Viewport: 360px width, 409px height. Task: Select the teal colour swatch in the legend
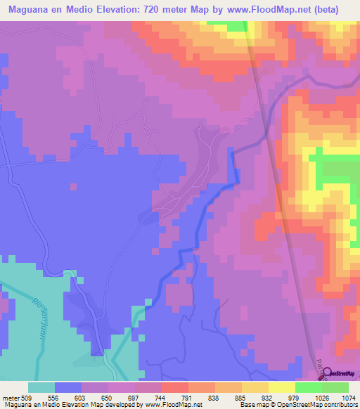pyautogui.click(x=41, y=387)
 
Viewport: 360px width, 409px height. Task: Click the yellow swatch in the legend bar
pyautogui.click(x=282, y=387)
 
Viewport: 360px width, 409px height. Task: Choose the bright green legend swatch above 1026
pyautogui.click(x=309, y=387)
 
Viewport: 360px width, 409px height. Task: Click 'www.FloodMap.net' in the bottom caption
pyautogui.click(x=172, y=404)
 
